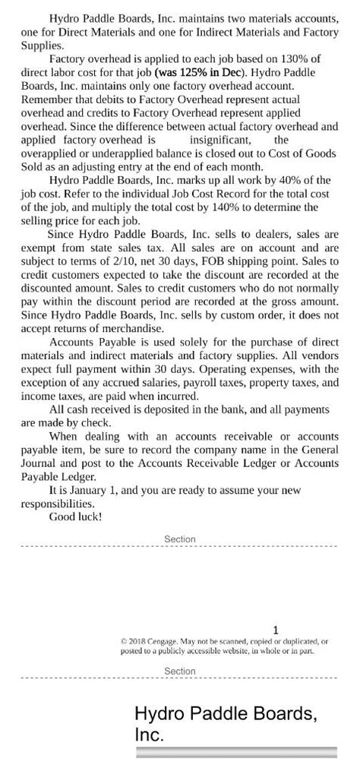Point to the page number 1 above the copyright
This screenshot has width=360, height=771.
[276, 630]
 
